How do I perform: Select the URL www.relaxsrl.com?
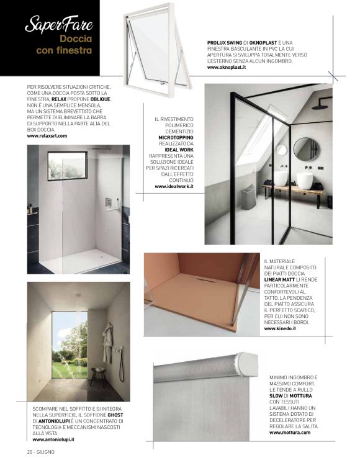pyautogui.click(x=47, y=135)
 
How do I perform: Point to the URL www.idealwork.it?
pyautogui.click(x=174, y=186)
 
